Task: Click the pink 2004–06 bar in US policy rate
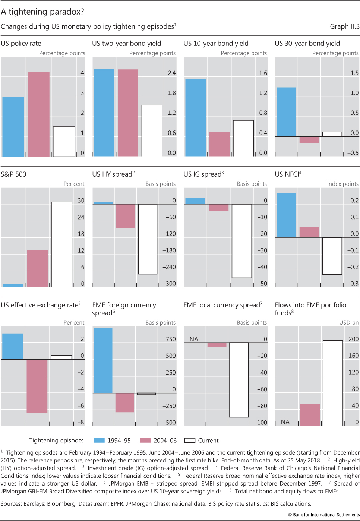38,114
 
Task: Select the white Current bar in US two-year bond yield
152,130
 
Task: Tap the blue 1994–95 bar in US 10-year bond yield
195,117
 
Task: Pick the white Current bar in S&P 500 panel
61,244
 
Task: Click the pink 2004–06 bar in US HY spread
126,216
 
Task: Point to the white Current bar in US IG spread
241,241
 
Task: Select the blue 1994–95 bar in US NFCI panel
286,215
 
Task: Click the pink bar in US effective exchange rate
37,386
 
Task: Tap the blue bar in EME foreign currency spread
103,360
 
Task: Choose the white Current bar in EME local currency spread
239,380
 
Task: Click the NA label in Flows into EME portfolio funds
285,422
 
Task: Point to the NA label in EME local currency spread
194,339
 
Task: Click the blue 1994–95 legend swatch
99,441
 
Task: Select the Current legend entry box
190,441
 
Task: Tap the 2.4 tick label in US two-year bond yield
171,73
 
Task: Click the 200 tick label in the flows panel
353,339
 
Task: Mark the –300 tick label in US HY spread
169,284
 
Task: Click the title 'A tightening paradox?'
42,12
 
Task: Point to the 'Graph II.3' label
344,26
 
